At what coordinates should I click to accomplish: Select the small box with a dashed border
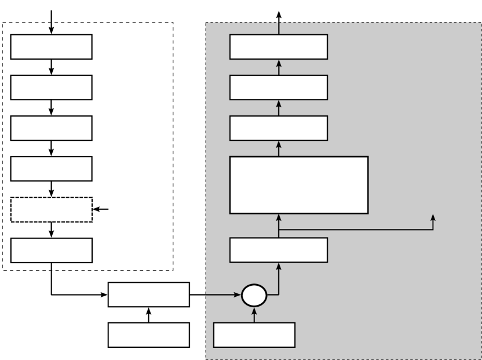pos(52,209)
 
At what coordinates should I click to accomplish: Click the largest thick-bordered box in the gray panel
pos(299,185)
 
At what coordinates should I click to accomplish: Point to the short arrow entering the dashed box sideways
pos(101,209)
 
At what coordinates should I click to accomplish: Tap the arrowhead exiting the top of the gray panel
pos(279,14)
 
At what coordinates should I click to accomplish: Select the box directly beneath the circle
pos(254,334)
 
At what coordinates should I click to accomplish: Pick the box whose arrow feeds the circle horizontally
pos(149,295)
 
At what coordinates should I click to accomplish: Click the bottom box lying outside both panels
pos(149,334)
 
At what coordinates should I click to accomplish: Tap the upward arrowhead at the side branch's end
pos(433,218)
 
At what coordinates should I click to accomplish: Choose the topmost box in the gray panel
pos(279,46)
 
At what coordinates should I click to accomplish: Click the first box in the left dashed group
pos(52,46)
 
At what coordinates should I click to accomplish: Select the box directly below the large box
pos(279,250)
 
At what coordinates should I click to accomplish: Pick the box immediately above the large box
pos(279,128)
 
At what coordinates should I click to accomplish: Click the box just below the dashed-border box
pos(52,250)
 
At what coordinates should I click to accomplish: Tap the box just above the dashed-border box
pos(52,169)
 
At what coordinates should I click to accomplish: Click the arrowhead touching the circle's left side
pos(238,296)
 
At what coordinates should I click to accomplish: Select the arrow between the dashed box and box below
pos(52,230)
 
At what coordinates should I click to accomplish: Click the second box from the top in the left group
pos(52,87)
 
